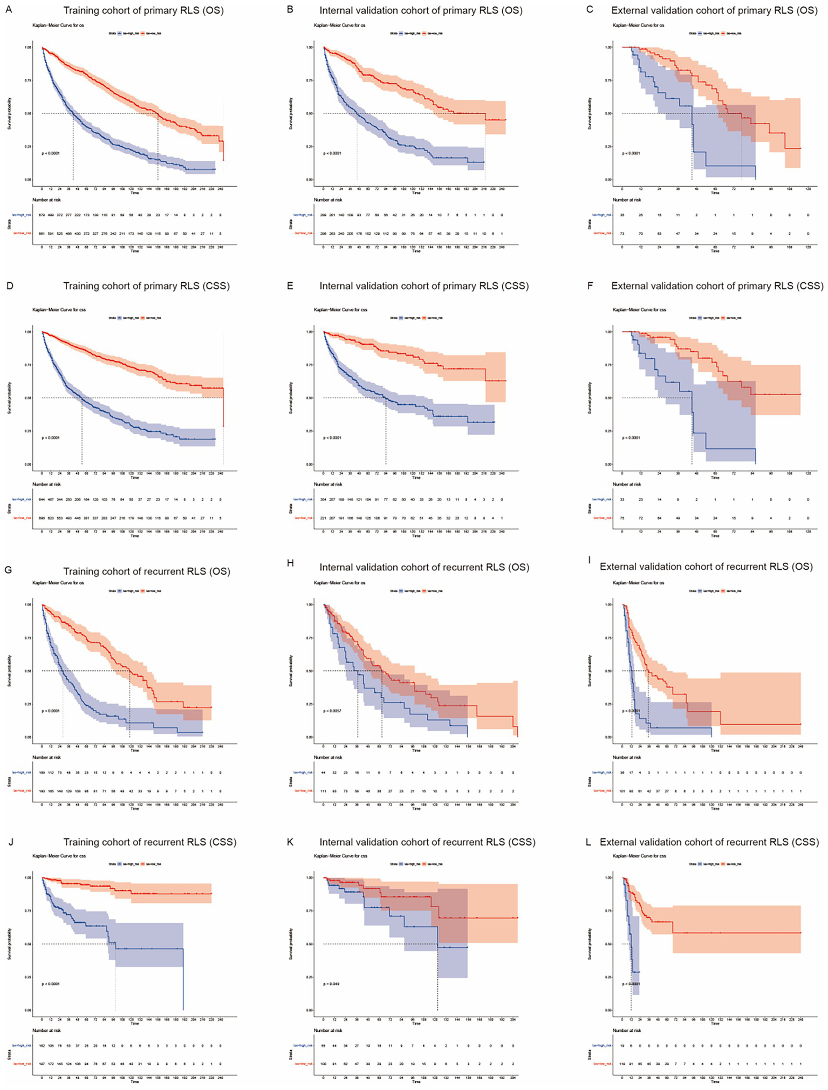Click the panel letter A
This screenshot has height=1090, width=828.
coord(9,10)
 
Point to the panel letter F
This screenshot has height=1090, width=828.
coord(590,286)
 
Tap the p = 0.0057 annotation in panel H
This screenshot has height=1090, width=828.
coord(332,711)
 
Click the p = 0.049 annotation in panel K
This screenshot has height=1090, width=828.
coord(331,984)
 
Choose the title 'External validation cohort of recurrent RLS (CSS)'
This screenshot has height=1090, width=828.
coord(709,842)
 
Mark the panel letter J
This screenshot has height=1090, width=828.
coord(9,842)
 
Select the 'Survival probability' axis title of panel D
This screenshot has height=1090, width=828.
coord(9,398)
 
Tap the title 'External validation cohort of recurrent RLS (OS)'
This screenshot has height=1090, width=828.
coord(706,567)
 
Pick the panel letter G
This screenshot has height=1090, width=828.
coord(9,571)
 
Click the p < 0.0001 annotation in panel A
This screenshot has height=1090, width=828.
coord(51,153)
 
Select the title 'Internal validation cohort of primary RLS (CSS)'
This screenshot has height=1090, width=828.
coord(424,286)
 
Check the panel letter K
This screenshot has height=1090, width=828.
coord(290,842)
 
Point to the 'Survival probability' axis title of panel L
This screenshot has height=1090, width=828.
coord(590,944)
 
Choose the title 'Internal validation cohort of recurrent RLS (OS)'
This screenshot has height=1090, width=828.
coord(424,567)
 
